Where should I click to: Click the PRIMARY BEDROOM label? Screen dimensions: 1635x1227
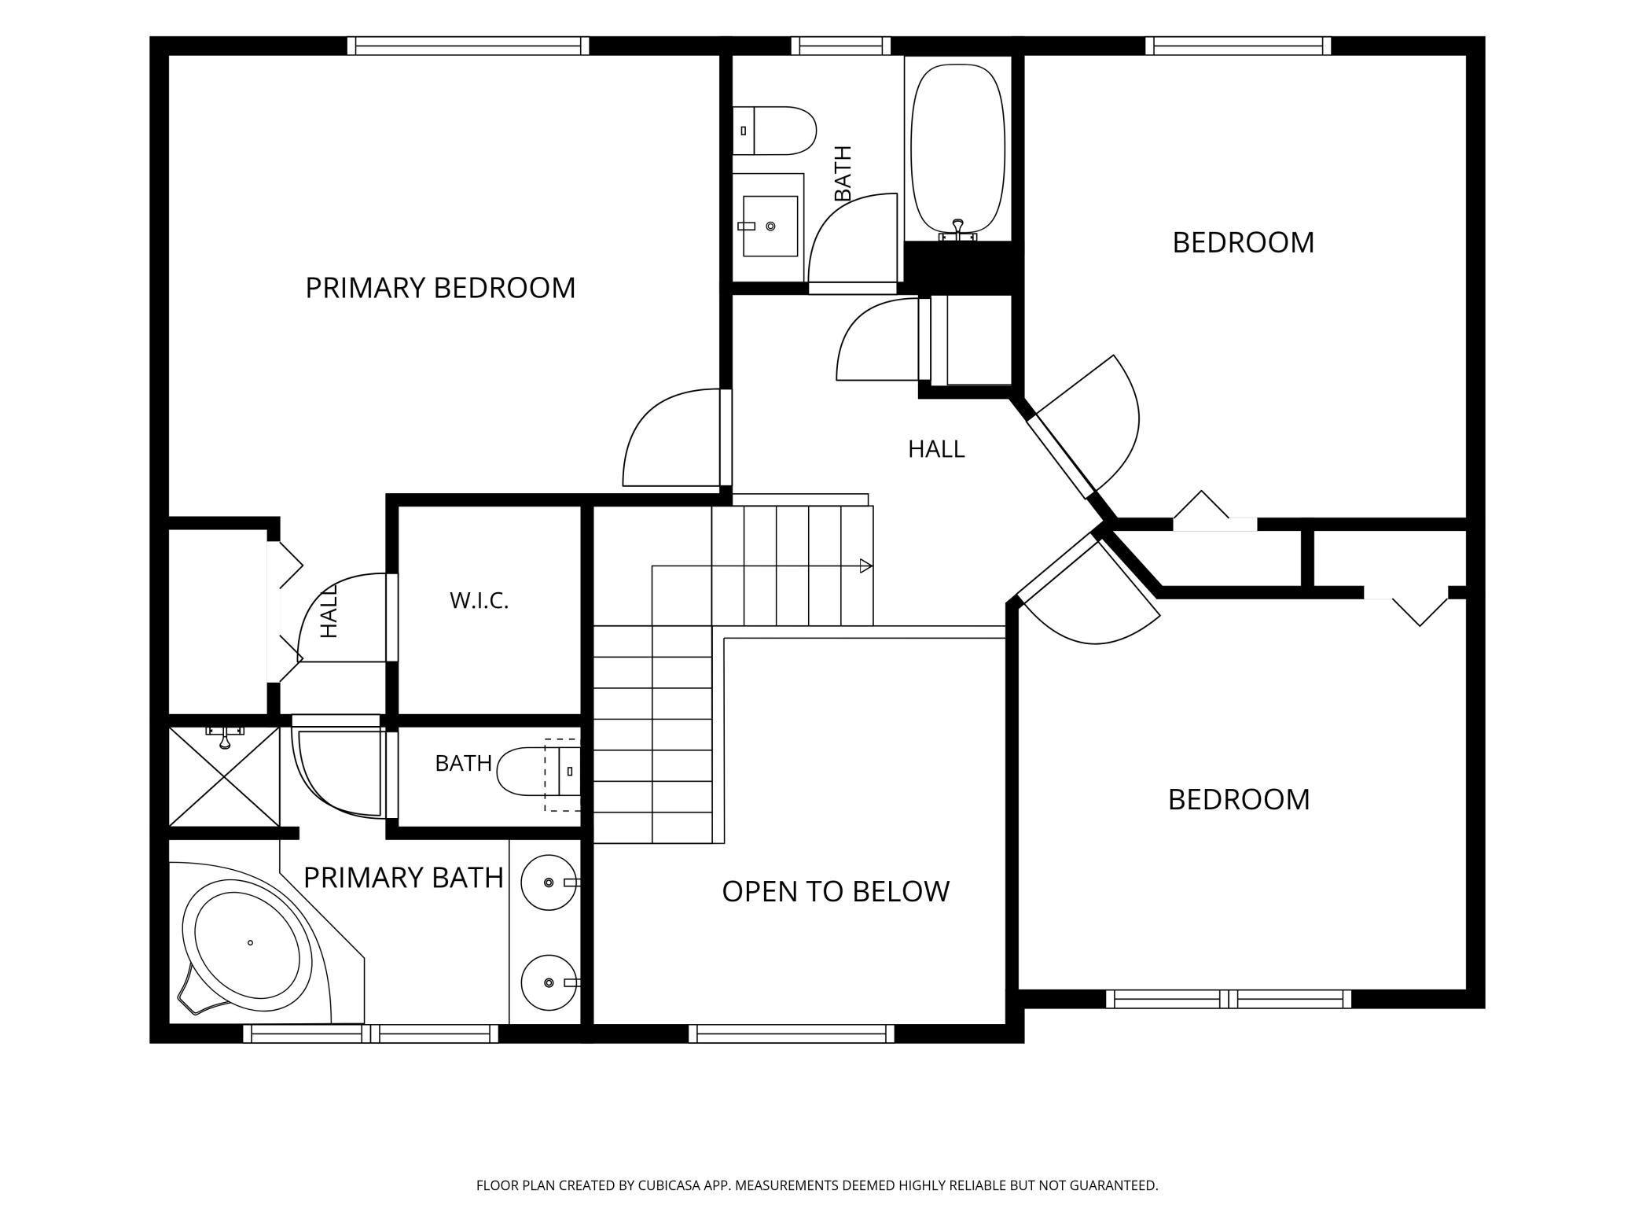click(x=440, y=288)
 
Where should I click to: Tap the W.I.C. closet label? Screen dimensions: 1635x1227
click(x=479, y=601)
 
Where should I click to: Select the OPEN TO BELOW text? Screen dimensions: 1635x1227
click(x=836, y=891)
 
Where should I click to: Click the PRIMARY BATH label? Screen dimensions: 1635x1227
click(x=403, y=877)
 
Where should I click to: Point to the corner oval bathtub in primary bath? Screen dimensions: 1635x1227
click(x=247, y=945)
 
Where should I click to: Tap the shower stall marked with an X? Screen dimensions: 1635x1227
click(x=225, y=777)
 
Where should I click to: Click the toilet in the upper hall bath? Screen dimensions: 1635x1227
click(x=774, y=131)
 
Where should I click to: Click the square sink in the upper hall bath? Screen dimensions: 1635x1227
click(x=770, y=226)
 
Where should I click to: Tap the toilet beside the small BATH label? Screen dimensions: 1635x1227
click(x=539, y=771)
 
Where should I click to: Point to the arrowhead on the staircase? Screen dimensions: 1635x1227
click(x=865, y=566)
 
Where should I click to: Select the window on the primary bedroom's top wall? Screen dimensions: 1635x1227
click(x=468, y=46)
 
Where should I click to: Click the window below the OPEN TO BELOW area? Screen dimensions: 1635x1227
click(x=792, y=1034)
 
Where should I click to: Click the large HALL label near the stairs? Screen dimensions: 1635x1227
click(x=936, y=449)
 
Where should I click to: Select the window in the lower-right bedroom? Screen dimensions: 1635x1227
click(x=1229, y=999)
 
